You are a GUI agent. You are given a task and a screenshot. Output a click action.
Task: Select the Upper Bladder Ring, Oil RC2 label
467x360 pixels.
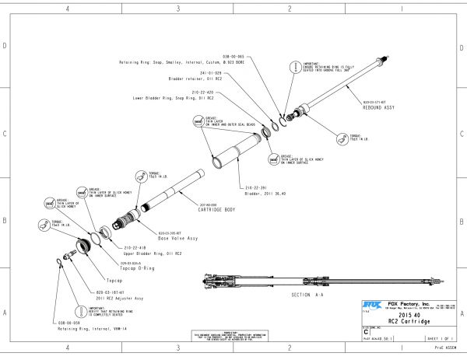[x=152, y=253]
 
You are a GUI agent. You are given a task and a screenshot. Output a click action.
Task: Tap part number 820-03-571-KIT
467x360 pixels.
[x=377, y=101]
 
